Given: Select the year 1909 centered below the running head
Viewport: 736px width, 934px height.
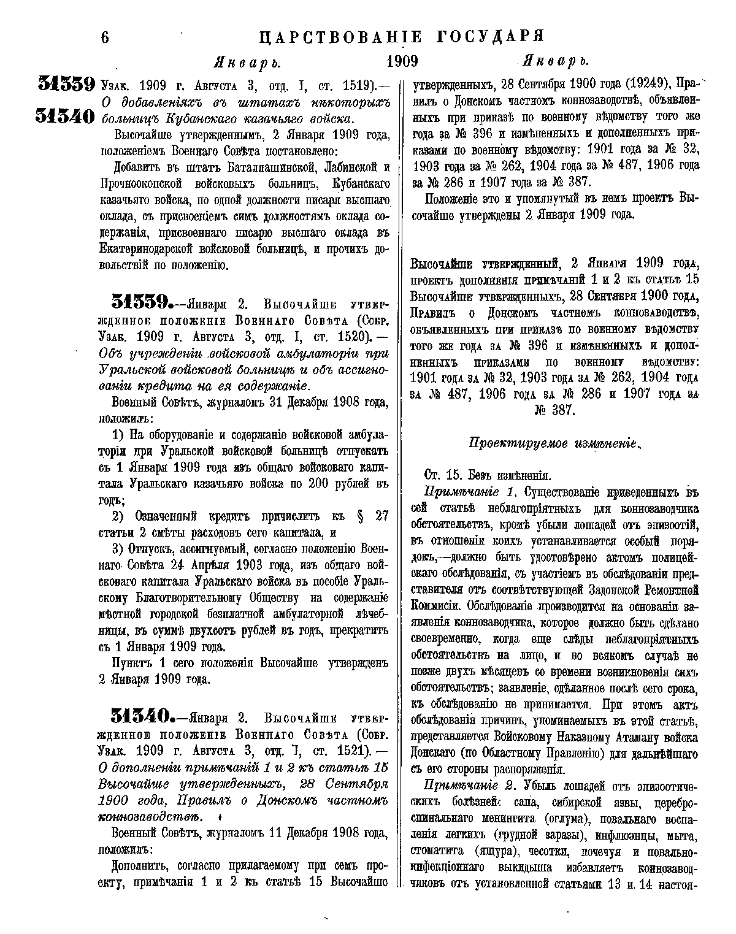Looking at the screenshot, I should click(x=402, y=61).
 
